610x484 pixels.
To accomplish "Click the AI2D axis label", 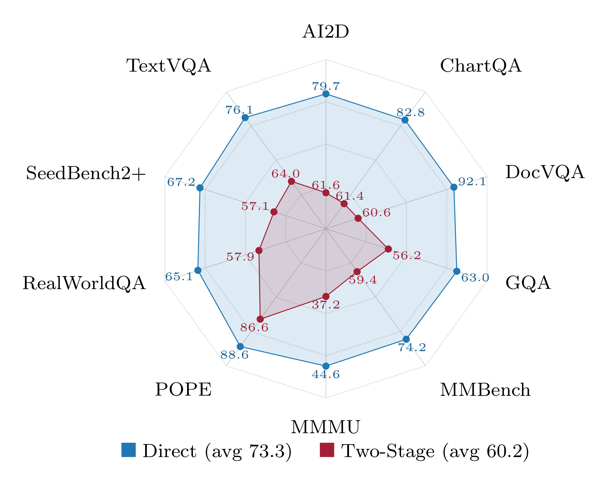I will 326,32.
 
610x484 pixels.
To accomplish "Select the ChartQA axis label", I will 480,66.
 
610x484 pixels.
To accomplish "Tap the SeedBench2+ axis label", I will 86,173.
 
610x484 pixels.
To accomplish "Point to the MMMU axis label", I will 325,427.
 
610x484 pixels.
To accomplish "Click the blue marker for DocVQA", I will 453,187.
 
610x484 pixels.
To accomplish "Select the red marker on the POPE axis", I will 260,319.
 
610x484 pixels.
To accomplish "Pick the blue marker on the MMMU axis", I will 326,366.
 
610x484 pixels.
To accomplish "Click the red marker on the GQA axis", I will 388,249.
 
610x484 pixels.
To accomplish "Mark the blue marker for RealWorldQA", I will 198,270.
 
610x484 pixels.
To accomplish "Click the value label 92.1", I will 472,182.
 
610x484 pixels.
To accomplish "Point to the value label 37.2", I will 326,305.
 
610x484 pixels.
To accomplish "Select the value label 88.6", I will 234,355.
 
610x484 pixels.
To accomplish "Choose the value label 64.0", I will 285,174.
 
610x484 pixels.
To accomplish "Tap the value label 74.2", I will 412,347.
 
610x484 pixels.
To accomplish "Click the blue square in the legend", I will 128,450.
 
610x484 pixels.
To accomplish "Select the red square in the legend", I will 327,450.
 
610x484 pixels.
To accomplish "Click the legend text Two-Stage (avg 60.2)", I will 435,451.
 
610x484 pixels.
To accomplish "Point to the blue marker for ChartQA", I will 405,120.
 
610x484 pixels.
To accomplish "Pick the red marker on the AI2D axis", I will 326,193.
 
